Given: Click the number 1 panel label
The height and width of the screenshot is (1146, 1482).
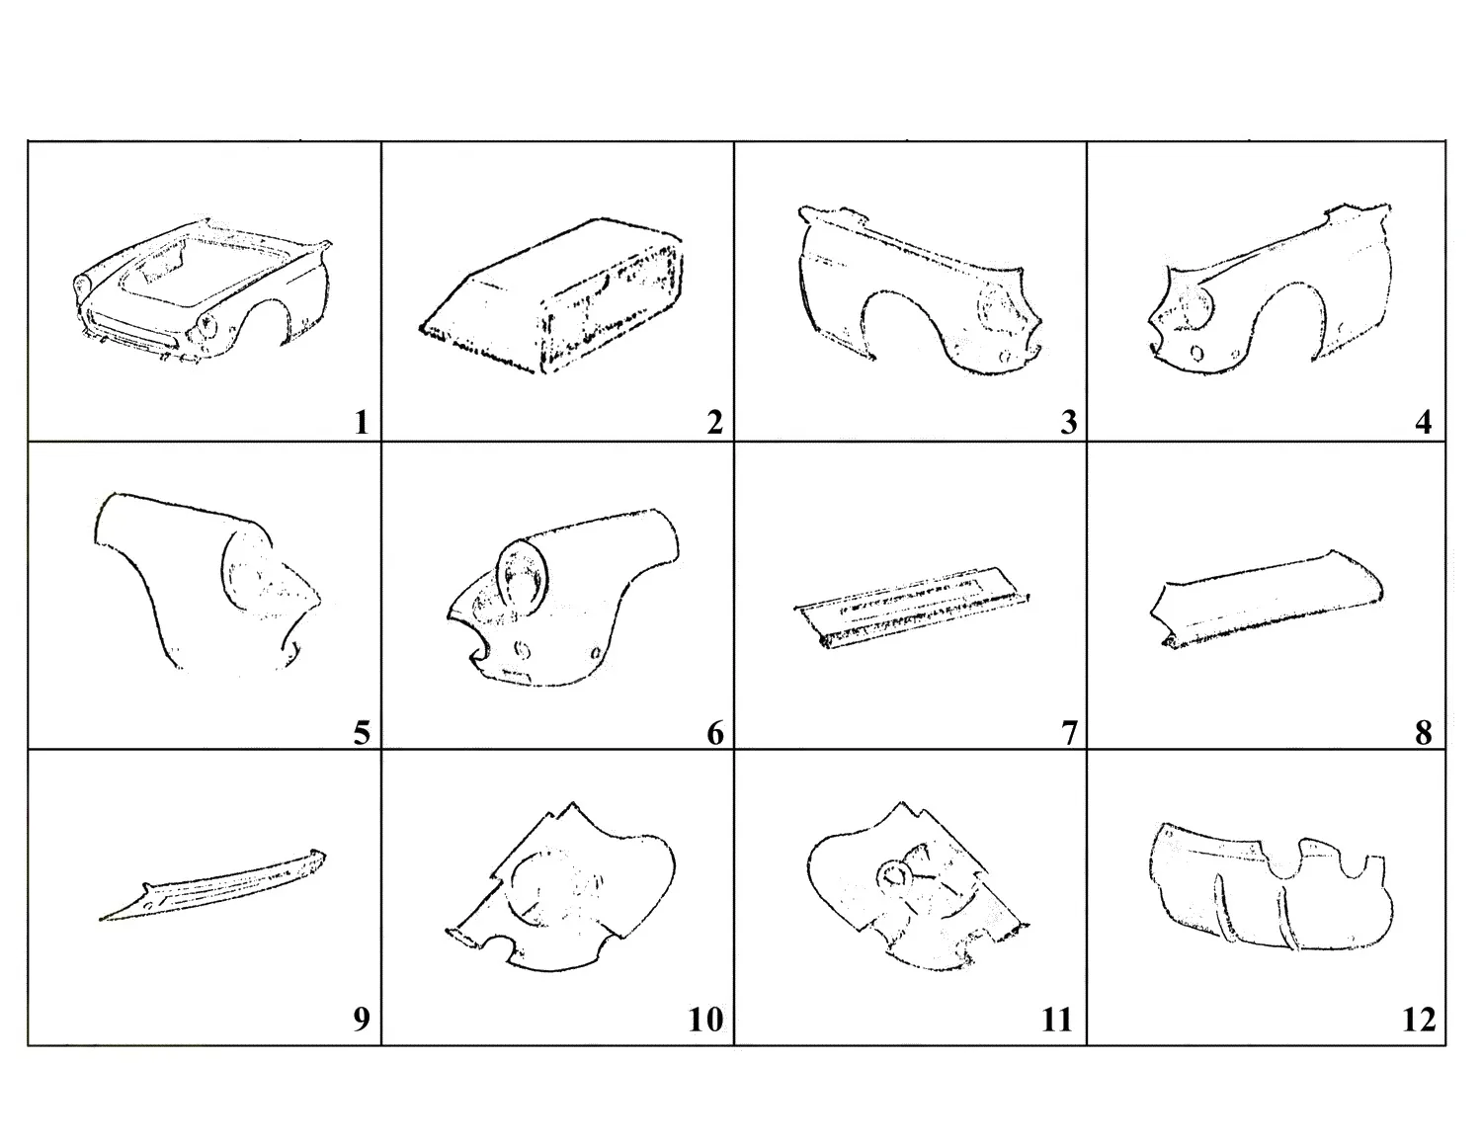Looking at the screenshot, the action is [362, 423].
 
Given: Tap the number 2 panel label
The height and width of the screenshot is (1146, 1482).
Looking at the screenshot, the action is [714, 423].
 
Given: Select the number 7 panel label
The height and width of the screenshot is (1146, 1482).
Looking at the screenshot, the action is [1069, 733].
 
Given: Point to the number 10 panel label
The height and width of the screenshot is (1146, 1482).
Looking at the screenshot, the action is [705, 1020].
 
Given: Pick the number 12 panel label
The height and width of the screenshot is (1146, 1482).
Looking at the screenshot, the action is [1419, 1020].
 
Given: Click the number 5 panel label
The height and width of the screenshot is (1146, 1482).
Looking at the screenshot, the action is [362, 733].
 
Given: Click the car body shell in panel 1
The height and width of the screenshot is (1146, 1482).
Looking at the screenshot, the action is [202, 293].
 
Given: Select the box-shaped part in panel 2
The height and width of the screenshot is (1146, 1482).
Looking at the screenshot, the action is [551, 296].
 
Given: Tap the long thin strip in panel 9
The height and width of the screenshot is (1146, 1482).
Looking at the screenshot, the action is [212, 885].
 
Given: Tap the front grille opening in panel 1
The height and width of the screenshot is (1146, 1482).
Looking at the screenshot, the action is [133, 332].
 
